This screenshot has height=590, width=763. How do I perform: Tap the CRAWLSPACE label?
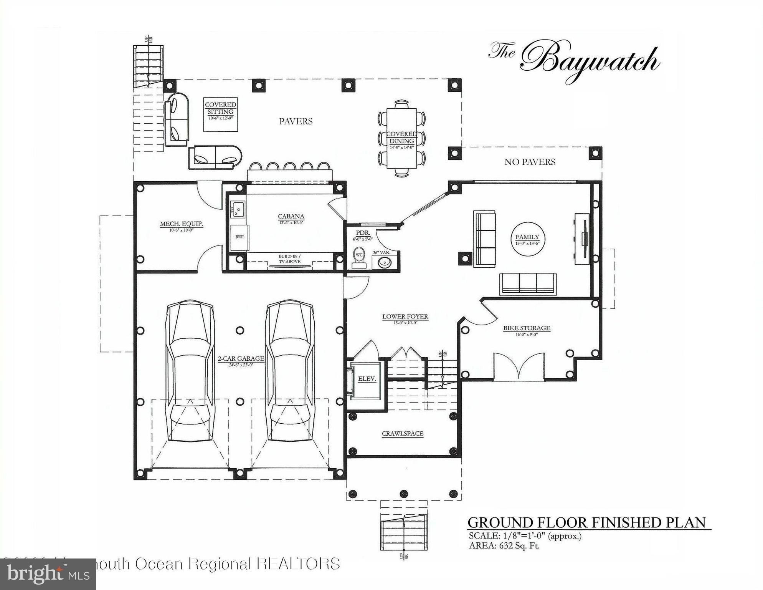tap(402, 434)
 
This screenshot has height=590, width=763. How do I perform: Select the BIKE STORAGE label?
tap(527, 328)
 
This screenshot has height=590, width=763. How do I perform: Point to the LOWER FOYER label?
tap(405, 317)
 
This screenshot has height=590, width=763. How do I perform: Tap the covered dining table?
tap(401, 138)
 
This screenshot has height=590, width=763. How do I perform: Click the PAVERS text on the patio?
tap(296, 121)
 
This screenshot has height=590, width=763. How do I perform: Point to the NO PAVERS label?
tap(530, 162)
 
